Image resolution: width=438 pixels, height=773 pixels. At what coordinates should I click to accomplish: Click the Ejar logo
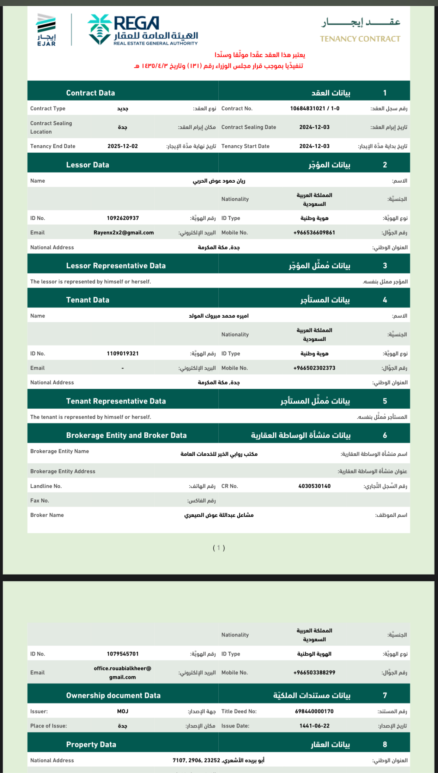[x=47, y=30]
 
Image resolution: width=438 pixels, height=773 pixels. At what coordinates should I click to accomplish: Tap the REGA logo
[x=143, y=30]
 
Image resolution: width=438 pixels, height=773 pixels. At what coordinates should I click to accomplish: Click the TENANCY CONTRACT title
[x=360, y=39]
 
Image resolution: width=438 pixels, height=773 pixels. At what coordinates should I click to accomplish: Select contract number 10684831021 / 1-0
[x=315, y=109]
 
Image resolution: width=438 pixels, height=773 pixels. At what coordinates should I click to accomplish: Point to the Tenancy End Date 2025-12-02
[x=123, y=146]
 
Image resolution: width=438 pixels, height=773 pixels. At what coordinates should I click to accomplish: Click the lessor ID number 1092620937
[x=123, y=218]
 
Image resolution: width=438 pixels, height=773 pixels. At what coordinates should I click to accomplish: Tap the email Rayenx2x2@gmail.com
[x=123, y=233]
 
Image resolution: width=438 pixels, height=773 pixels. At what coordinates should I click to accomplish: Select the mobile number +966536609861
[x=314, y=233]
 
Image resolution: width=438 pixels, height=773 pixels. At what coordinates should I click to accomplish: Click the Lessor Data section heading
[x=87, y=165]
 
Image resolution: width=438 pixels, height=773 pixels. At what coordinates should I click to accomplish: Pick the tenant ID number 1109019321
[x=123, y=354]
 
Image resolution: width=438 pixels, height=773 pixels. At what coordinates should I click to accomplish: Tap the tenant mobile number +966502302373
[x=314, y=368]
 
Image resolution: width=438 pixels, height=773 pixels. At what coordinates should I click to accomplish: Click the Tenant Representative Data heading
[x=116, y=401]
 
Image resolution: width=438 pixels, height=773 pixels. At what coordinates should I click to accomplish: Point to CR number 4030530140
[x=314, y=486]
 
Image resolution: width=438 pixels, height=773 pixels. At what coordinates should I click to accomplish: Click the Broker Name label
[x=47, y=515]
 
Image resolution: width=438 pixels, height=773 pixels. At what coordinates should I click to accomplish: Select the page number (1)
[x=219, y=548]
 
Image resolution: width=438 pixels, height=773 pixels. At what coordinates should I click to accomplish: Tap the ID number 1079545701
[x=123, y=654]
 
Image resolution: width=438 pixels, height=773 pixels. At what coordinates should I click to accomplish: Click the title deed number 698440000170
[x=314, y=711]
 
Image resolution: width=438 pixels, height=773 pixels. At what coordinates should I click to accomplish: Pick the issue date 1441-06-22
[x=314, y=726]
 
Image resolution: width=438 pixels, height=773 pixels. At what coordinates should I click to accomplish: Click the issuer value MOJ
[x=123, y=711]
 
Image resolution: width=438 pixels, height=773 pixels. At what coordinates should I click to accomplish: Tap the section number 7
[x=385, y=695]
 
